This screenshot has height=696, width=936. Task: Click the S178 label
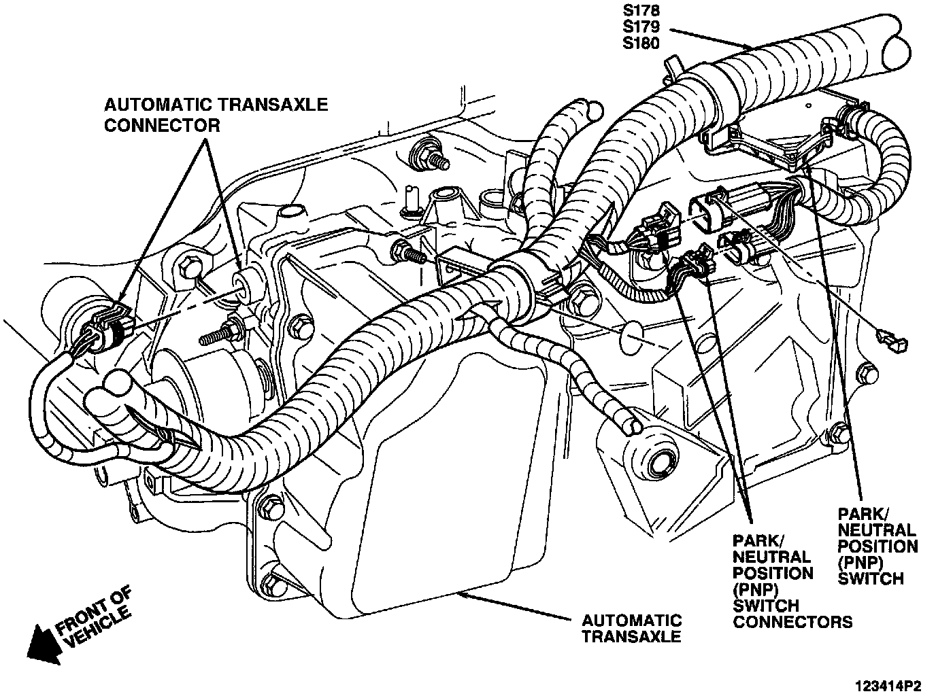pos(641,11)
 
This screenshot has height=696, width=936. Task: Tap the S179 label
pos(641,28)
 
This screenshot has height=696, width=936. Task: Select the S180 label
pos(641,44)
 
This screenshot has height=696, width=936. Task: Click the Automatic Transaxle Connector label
pos(216,115)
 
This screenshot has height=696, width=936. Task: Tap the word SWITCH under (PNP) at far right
pos(871,578)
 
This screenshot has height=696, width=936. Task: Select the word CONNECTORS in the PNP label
pos(792,621)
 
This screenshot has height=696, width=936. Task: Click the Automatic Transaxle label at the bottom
pos(631,629)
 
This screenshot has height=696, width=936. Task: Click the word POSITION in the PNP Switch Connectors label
pos(773,573)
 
